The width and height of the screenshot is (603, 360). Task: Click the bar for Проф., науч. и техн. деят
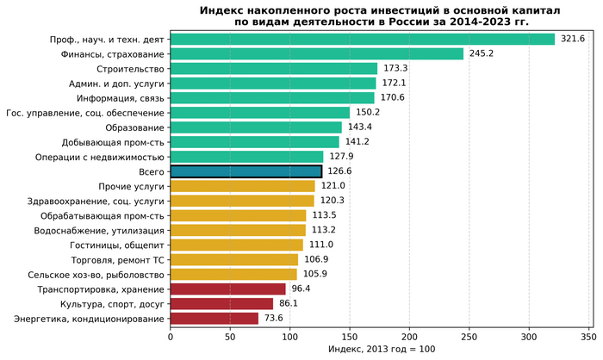tap(362, 39)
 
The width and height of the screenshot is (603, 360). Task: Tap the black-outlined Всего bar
tap(246, 171)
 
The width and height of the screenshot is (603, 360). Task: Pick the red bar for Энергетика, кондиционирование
tap(214, 319)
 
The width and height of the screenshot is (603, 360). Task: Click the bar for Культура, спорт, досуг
tap(221, 304)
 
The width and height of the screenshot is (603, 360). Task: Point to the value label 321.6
tap(573, 39)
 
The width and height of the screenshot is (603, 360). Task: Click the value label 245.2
tap(482, 53)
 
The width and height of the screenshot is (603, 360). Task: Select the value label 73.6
tap(274, 319)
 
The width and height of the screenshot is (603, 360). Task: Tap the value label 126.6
tap(343, 171)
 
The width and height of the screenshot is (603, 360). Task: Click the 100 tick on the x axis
tap(289, 337)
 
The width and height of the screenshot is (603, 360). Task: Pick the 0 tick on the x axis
tap(171, 337)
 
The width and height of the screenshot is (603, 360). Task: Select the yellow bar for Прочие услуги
tap(242, 186)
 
